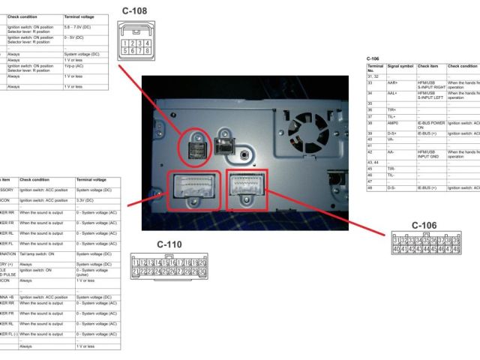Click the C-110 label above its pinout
click(x=169, y=244)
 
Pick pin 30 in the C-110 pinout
click(x=202, y=271)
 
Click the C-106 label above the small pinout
click(x=424, y=225)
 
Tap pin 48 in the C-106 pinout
click(x=456, y=249)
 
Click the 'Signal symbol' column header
click(x=400, y=66)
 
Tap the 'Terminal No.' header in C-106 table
click(x=376, y=68)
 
